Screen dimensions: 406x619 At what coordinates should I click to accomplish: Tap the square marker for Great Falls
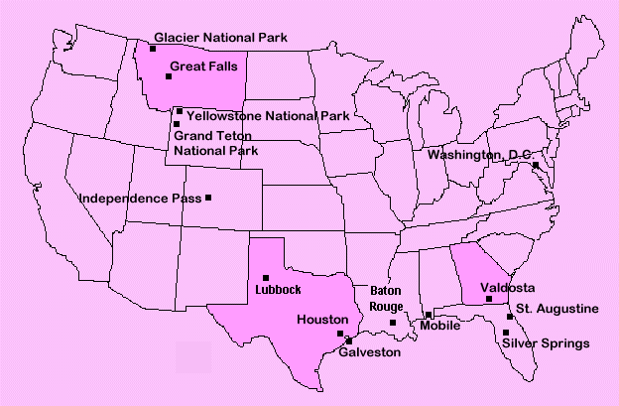(x=168, y=76)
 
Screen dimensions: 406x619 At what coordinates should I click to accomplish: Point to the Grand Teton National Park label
(x=215, y=143)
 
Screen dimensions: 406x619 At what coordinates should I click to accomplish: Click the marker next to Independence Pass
(x=208, y=198)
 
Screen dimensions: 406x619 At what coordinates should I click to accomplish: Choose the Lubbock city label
(x=277, y=290)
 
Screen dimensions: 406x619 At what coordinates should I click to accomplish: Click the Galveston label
(x=370, y=352)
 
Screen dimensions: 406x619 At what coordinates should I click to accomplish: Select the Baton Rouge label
(x=386, y=299)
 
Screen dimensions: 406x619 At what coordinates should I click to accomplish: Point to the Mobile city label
(x=439, y=326)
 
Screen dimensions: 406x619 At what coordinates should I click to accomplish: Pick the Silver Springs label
(x=546, y=343)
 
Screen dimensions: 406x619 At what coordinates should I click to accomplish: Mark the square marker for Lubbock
(x=266, y=278)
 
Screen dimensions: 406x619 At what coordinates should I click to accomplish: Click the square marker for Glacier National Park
(x=153, y=48)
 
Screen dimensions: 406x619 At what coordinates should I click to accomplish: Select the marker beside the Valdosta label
(x=488, y=299)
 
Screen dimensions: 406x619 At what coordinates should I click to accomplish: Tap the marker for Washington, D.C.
(x=535, y=165)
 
